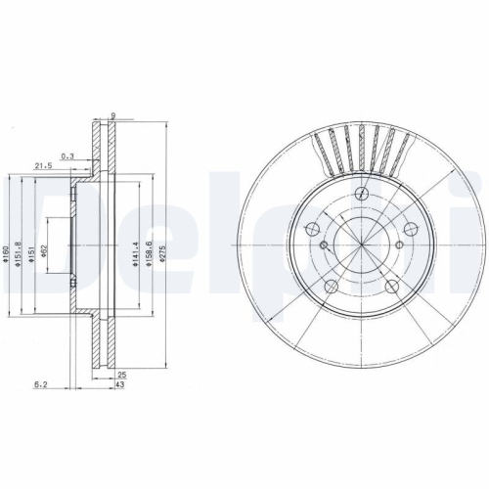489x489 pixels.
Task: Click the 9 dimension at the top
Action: click(113, 116)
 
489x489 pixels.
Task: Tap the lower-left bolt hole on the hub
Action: click(330, 287)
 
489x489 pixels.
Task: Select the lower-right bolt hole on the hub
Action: click(393, 286)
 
